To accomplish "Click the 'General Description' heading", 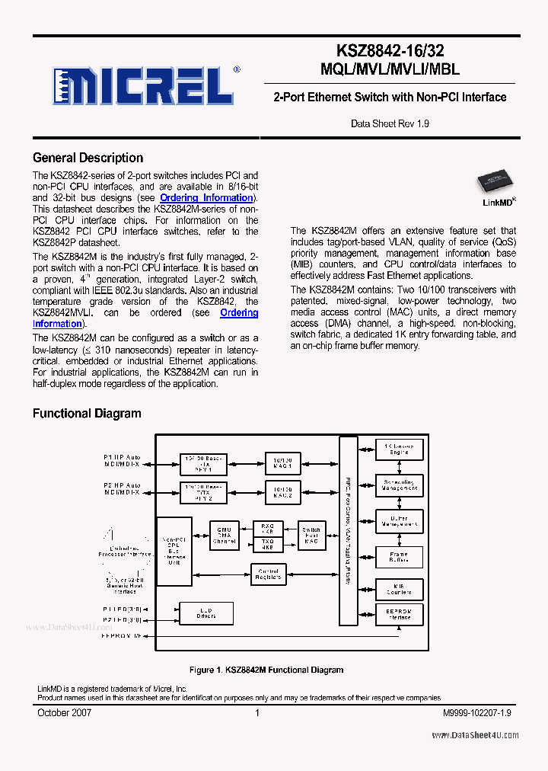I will pos(88,158).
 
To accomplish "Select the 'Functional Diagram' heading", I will pos(86,414).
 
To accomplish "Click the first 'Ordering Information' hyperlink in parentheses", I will pos(205,198).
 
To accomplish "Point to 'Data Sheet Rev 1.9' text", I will pos(390,123).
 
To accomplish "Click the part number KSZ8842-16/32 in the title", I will pos(390,51).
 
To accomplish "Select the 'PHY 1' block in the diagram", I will pos(204,462).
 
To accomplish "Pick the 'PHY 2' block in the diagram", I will pos(204,492).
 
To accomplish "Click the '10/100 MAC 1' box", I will pos(283,462).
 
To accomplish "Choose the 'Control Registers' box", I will pos(268,574).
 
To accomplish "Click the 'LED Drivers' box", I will pos(205,613).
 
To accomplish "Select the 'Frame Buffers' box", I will pos(398,556).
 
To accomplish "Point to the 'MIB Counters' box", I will pos(398,589).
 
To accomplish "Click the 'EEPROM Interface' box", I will pos(398,615).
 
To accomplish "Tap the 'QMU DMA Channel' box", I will pos(224,535).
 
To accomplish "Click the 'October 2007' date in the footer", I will pos(65,712).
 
